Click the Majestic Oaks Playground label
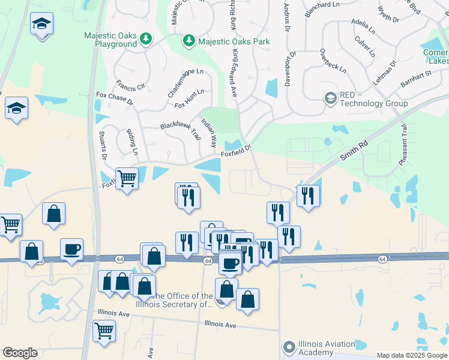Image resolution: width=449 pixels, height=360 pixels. click(x=110, y=40)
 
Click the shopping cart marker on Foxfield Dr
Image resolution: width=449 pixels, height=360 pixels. click(x=127, y=178)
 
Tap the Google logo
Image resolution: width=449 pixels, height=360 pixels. click(x=20, y=353)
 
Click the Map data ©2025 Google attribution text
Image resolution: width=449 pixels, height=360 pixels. click(x=412, y=355)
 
